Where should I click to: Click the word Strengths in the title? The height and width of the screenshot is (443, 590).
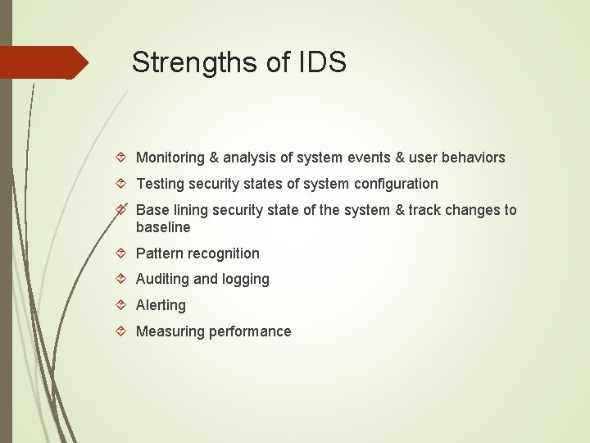pos(188,62)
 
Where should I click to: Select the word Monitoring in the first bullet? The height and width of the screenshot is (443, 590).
pos(170,158)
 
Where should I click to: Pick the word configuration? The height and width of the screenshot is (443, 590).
pos(397,184)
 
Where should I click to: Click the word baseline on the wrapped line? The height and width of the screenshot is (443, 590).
pos(163,227)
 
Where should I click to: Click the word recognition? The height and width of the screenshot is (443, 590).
pos(225,253)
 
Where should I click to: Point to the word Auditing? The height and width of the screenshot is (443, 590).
pos(162,279)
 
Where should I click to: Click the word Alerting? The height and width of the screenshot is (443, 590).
pos(161,305)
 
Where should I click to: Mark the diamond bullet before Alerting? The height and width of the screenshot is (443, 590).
pos(120,305)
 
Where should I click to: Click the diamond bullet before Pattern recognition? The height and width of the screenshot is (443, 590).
pos(120,253)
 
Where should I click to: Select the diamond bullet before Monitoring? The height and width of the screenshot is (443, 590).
pos(120,158)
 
